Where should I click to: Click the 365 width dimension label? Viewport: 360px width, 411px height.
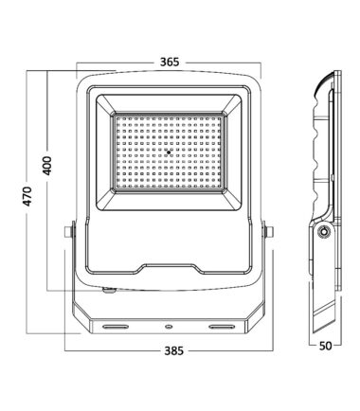click(170, 62)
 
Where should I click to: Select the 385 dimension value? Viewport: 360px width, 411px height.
click(173, 350)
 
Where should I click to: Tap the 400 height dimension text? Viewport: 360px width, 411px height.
click(47, 166)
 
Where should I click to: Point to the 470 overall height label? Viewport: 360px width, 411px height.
click(27, 196)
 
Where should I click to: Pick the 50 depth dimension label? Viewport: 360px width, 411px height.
click(325, 346)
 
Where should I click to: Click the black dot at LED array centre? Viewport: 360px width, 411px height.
click(169, 152)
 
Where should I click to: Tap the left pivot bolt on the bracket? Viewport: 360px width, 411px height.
click(69, 232)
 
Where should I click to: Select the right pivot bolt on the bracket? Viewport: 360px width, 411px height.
click(268, 232)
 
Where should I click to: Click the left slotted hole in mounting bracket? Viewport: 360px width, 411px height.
click(117, 327)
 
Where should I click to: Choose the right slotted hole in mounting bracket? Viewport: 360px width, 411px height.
click(223, 327)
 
